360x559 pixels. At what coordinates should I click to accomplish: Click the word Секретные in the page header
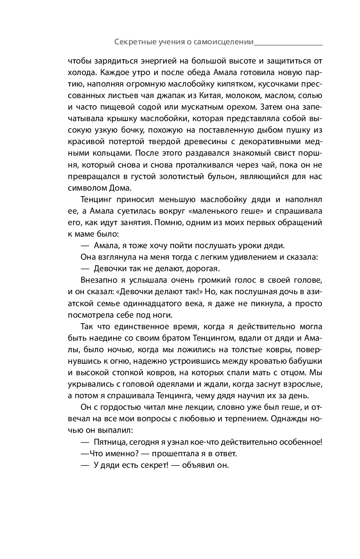[x=133, y=42]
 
